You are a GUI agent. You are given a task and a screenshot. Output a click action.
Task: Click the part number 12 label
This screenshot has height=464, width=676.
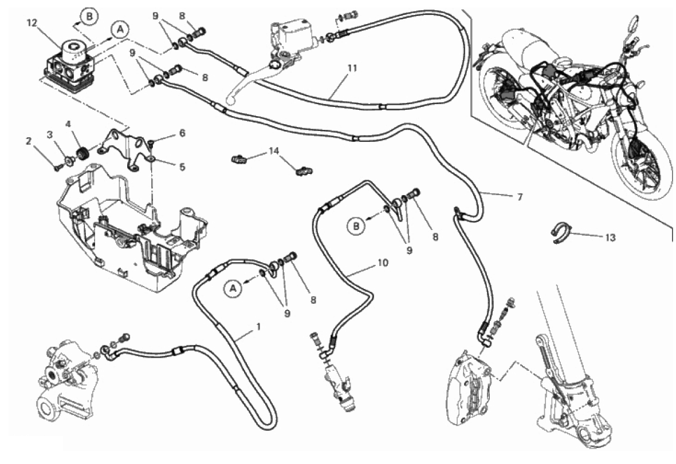click(x=31, y=23)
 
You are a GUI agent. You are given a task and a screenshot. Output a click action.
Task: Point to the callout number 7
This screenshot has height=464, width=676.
click(x=519, y=197)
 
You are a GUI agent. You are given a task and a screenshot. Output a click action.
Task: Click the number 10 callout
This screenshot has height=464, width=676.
click(x=383, y=263)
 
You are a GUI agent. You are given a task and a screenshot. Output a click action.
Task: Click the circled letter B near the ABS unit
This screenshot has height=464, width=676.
click(x=89, y=17)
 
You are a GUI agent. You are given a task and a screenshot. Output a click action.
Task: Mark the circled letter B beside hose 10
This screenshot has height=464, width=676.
click(x=356, y=227)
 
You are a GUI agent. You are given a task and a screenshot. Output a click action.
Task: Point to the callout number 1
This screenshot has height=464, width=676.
click(x=258, y=327)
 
